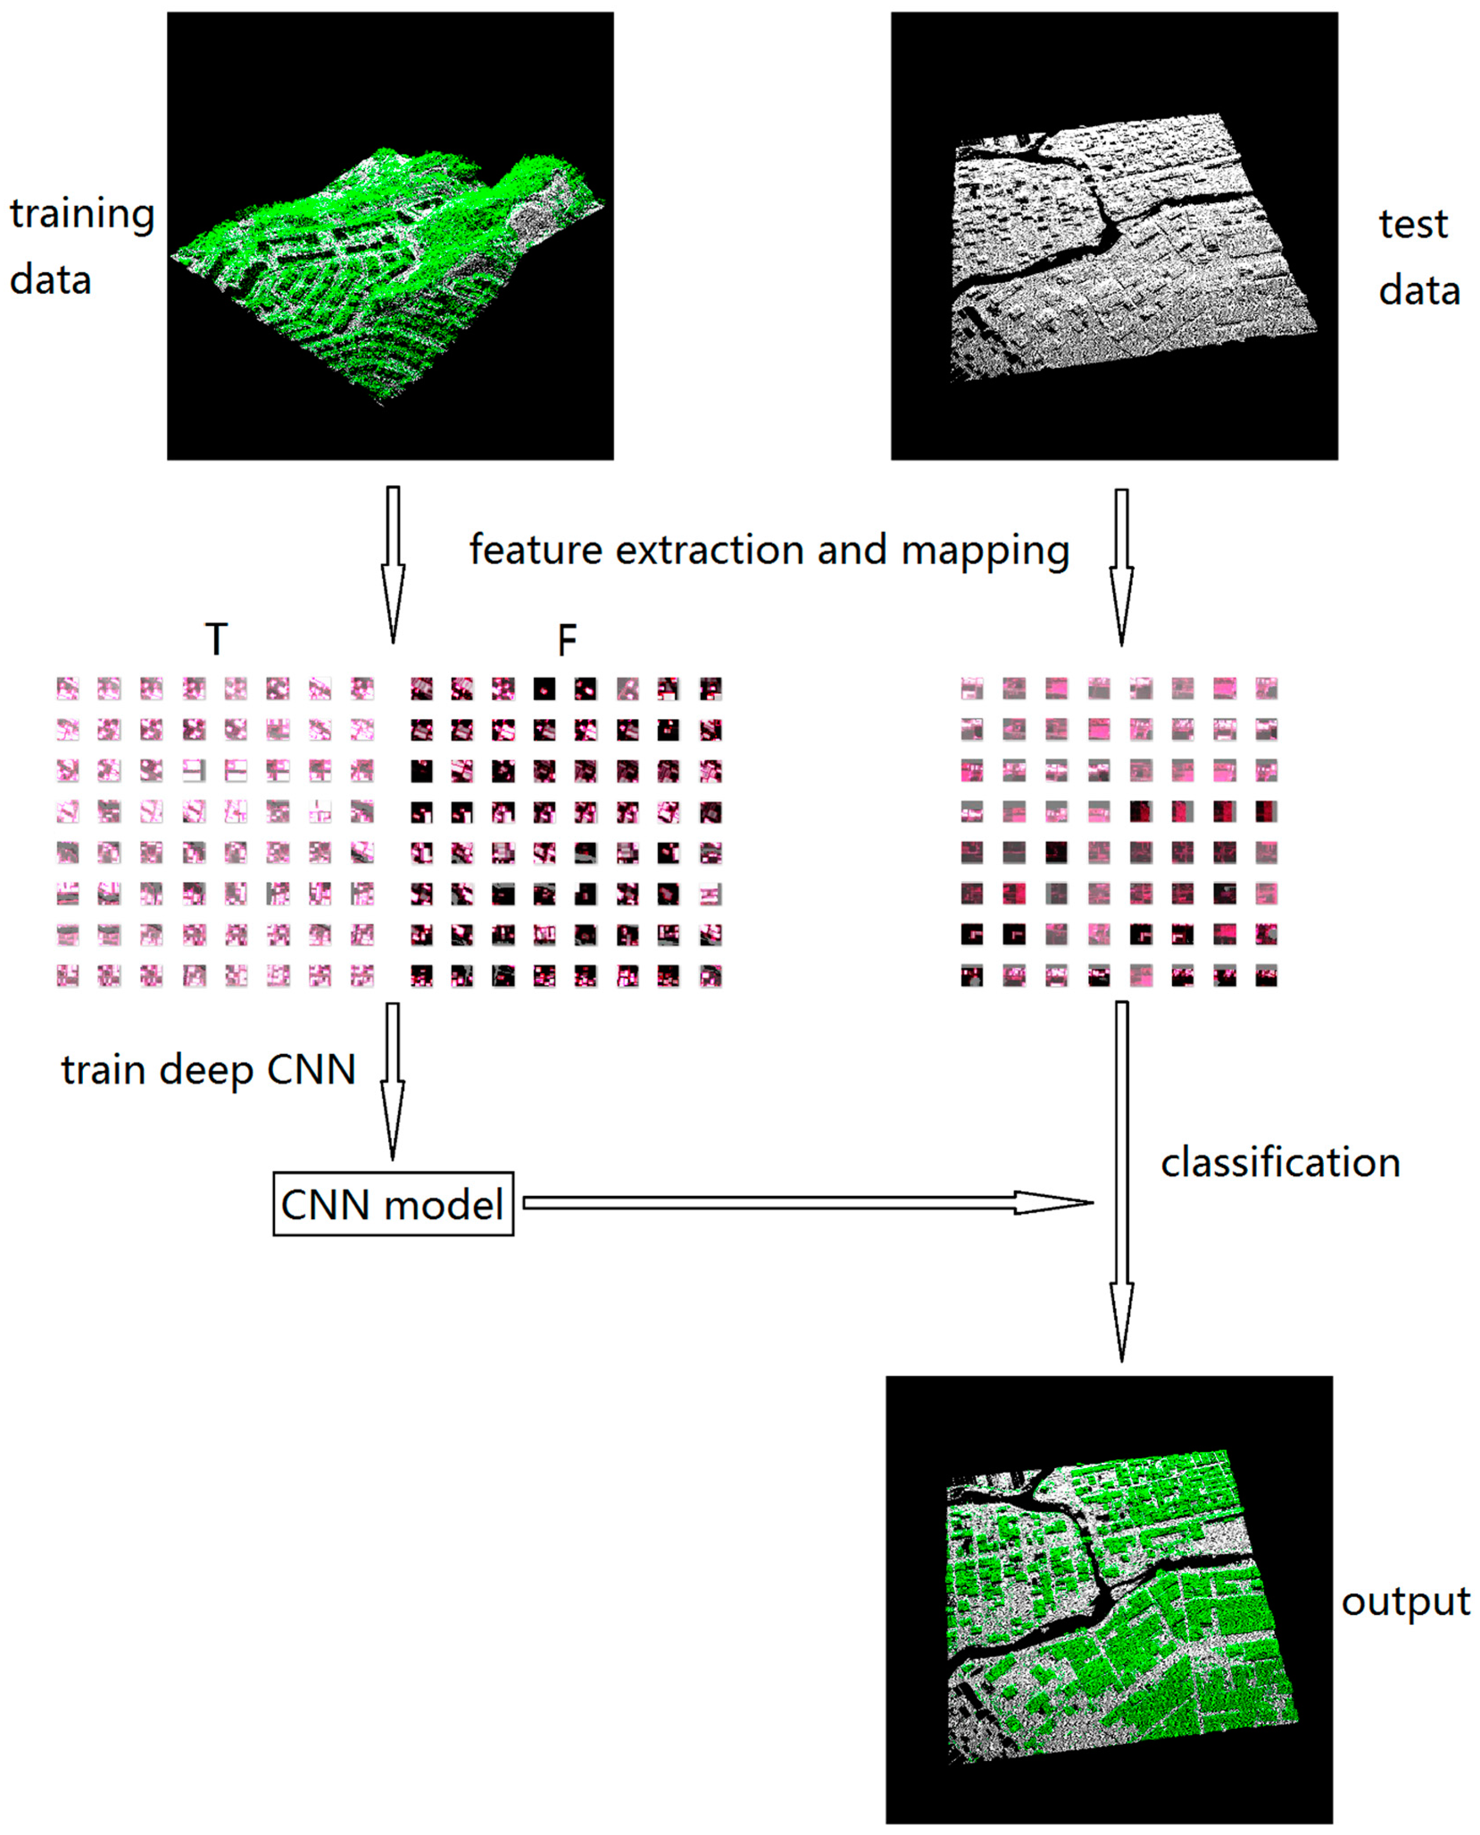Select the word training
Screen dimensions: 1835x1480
pyautogui.click(x=82, y=215)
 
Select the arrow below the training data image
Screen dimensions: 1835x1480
pyautogui.click(x=393, y=563)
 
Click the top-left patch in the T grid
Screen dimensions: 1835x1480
pyautogui.click(x=67, y=688)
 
